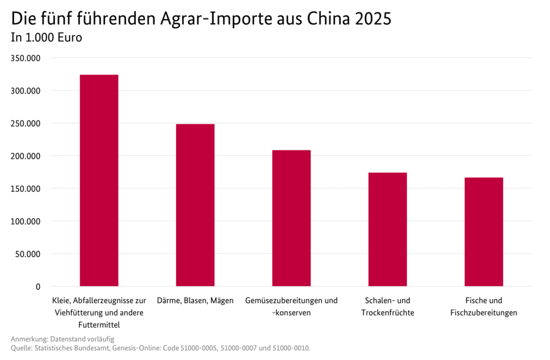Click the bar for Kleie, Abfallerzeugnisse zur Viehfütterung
[x=99, y=180]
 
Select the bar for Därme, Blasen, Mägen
[x=195, y=205]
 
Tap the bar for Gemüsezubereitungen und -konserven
[x=291, y=218]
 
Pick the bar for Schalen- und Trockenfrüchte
[x=387, y=229]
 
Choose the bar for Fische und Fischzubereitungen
[x=483, y=232]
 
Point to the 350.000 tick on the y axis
[x=25, y=58]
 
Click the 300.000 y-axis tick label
[x=25, y=90]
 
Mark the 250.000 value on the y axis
[x=25, y=123]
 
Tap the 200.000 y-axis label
[x=25, y=156]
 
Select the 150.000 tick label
[x=25, y=188]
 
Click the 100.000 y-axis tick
[x=25, y=221]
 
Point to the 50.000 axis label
[x=28, y=254]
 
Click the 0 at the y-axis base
[x=38, y=287]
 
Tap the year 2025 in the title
[x=372, y=19]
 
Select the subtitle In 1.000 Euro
[x=46, y=38]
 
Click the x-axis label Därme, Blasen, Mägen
[x=195, y=301]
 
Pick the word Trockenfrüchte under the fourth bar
[x=387, y=312]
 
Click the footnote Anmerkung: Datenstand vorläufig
[x=62, y=339]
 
